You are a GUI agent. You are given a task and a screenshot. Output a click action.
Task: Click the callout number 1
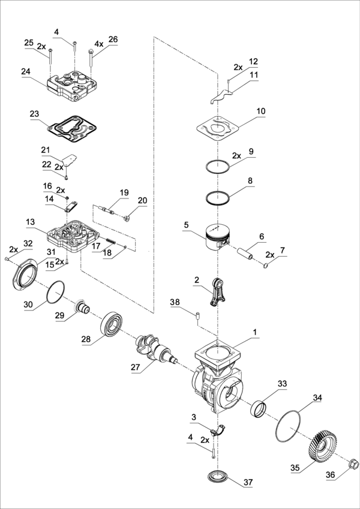pyautogui.click(x=254, y=331)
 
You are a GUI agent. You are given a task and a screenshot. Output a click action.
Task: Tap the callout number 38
pyautogui.click(x=174, y=304)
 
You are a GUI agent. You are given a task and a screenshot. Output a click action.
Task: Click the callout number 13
pyautogui.click(x=29, y=221)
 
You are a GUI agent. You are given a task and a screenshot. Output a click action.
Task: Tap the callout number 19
pyautogui.click(x=124, y=192)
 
